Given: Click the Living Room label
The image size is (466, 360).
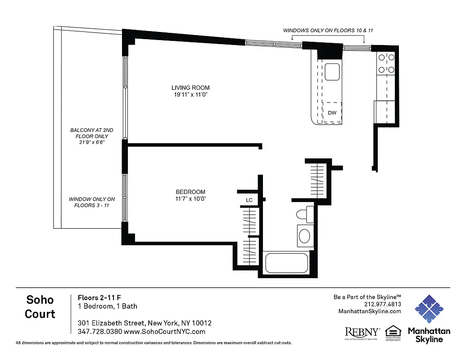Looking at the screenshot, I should pyautogui.click(x=190, y=88).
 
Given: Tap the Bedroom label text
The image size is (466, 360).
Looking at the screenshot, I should pyautogui.click(x=190, y=192).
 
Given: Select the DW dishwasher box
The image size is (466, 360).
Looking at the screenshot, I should pyautogui.click(x=332, y=112).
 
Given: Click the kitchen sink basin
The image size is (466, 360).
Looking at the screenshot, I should pyautogui.click(x=332, y=72).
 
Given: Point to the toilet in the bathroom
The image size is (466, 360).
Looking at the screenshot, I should pyautogui.click(x=307, y=214).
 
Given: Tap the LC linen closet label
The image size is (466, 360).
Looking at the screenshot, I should pyautogui.click(x=249, y=200).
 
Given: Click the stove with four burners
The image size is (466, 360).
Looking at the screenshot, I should pyautogui.click(x=386, y=63).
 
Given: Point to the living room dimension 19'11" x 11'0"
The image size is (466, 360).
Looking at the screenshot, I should pyautogui.click(x=190, y=95).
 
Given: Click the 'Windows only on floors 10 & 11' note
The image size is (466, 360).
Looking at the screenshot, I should pyautogui.click(x=328, y=31).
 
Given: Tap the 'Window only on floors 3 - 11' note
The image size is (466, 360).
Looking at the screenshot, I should pyautogui.click(x=92, y=202).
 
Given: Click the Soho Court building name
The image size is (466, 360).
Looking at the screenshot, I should pyautogui.click(x=40, y=306).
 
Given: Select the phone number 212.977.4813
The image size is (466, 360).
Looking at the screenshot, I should pyautogui.click(x=381, y=304).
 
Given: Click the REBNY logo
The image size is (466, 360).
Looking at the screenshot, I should pyautogui.click(x=362, y=333).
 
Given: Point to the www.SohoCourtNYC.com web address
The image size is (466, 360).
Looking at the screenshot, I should pyautogui.click(x=164, y=332).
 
